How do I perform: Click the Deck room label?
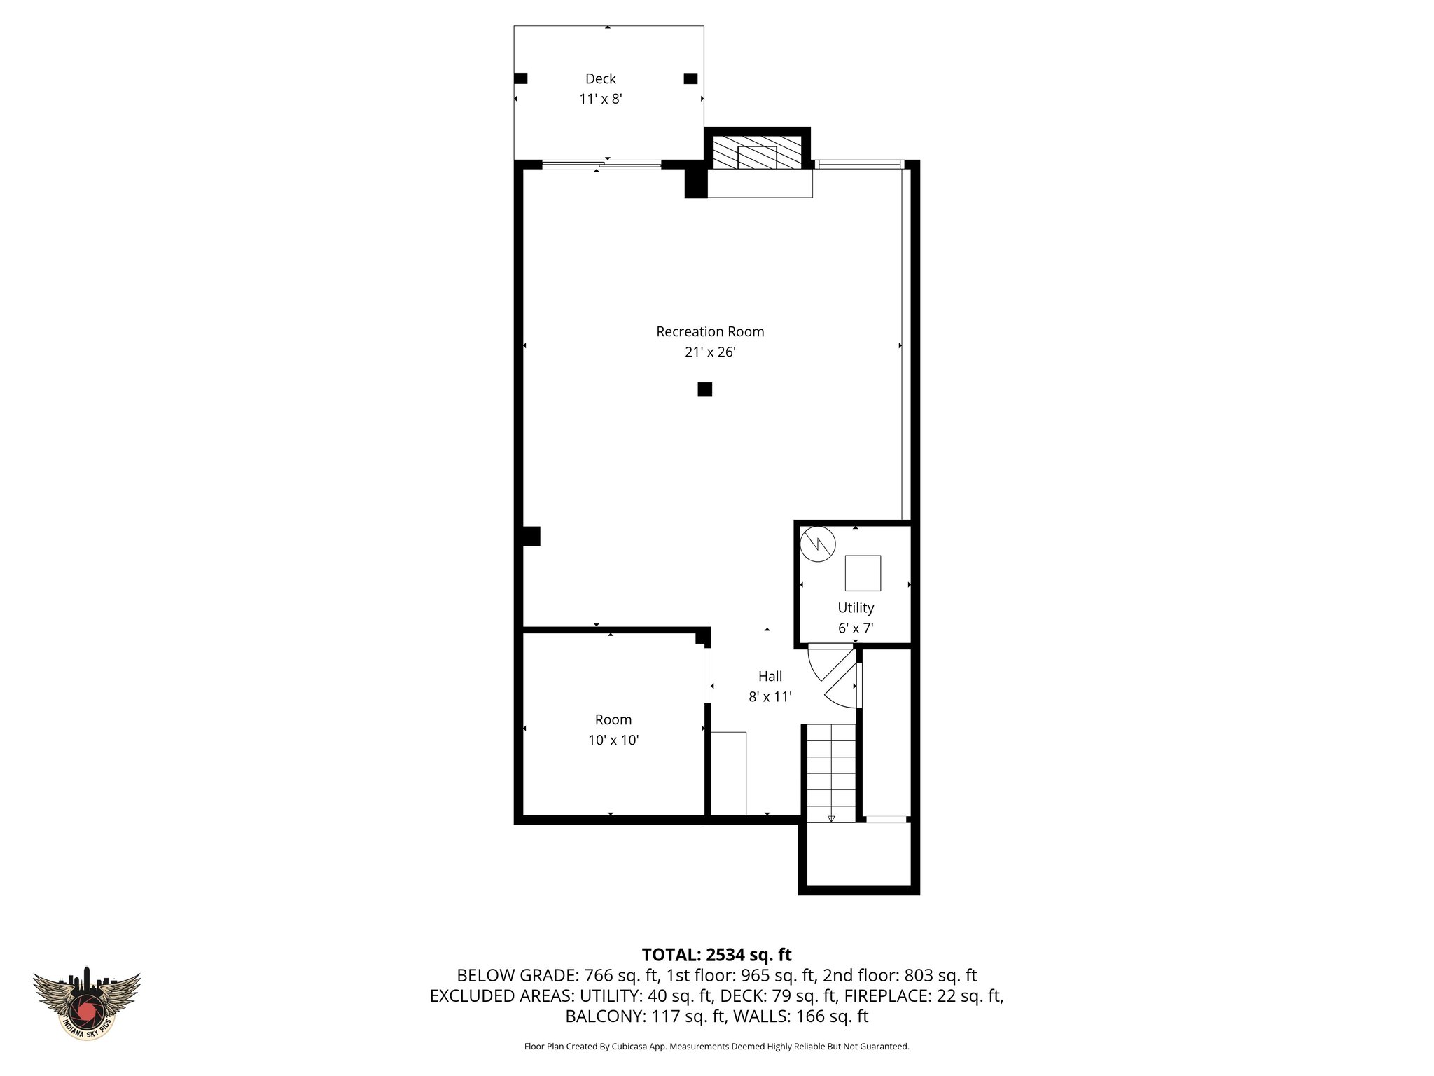point(601,79)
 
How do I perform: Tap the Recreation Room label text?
point(709,331)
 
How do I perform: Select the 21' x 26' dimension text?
point(709,352)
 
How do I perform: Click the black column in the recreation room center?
point(704,389)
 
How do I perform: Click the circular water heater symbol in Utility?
point(819,544)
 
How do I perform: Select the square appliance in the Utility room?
point(863,573)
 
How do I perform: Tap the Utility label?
point(856,607)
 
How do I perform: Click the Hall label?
point(770,676)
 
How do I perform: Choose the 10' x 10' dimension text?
point(613,740)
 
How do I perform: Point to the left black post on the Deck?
point(520,78)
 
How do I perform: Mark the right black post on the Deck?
point(690,78)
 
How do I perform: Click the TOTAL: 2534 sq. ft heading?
point(716,955)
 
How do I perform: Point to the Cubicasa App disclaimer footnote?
point(716,1047)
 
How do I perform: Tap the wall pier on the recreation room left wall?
point(531,537)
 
